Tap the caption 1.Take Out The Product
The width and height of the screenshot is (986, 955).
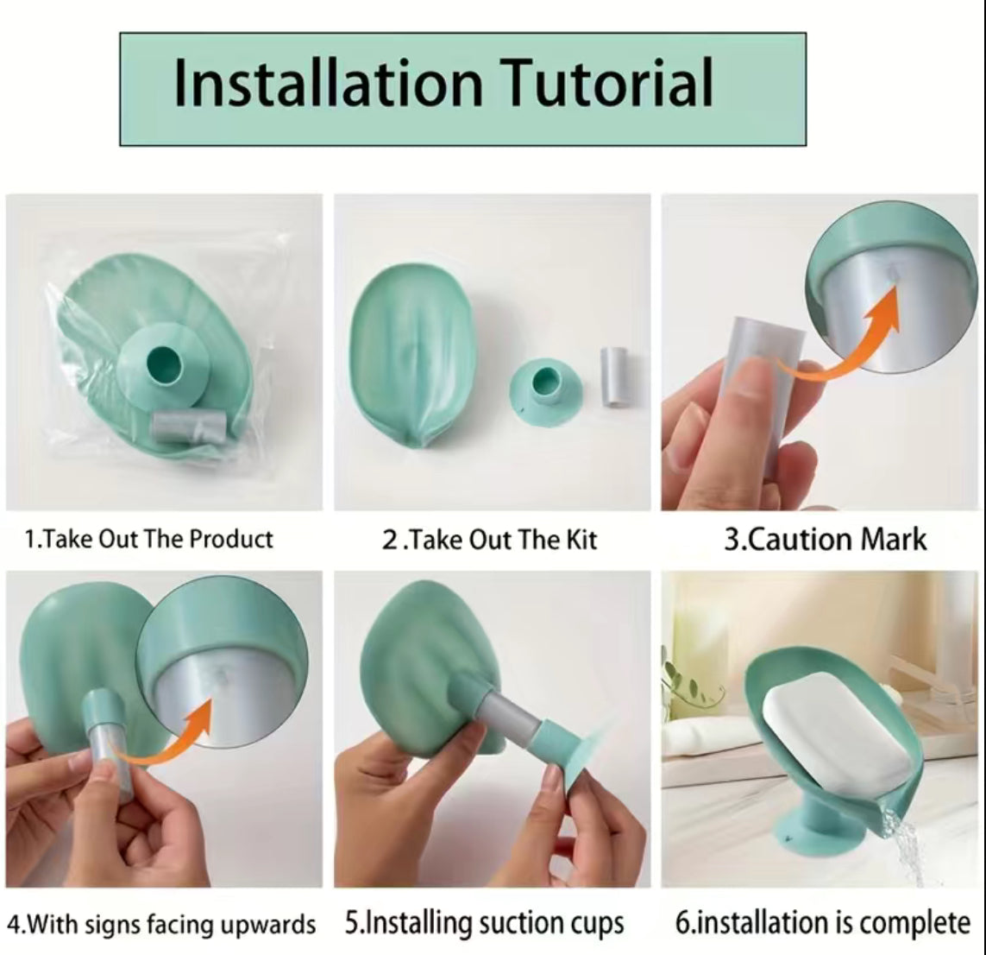click(x=148, y=540)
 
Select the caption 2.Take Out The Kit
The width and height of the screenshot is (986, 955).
click(x=489, y=540)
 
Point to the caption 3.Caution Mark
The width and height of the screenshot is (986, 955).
click(x=824, y=540)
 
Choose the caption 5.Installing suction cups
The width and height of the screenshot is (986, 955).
click(x=484, y=923)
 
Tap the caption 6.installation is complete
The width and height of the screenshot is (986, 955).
click(x=822, y=923)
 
